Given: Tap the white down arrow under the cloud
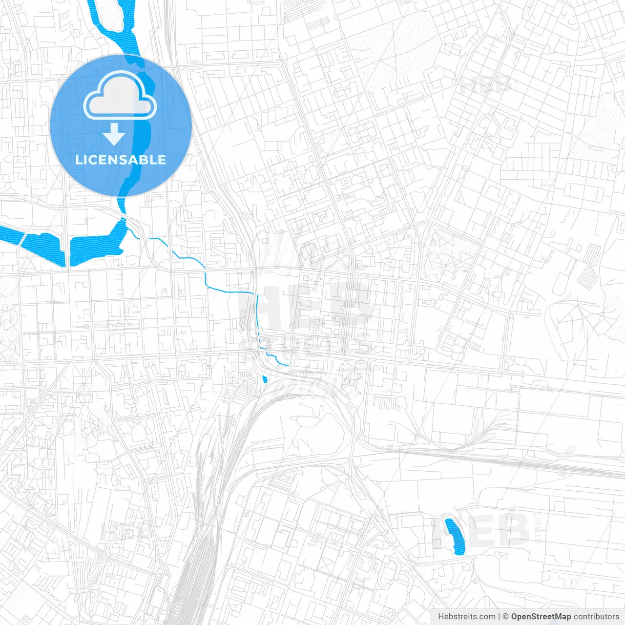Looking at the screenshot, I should [114, 134].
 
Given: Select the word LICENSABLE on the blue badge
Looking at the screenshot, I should [121, 160].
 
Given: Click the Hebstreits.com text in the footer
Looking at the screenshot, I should [467, 617].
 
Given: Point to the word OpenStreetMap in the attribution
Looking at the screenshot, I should [541, 617].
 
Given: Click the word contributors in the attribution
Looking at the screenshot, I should [596, 617].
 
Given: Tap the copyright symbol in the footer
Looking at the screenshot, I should [506, 617].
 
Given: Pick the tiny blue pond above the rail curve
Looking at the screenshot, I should [265, 379].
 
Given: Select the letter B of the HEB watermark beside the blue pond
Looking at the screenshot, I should [513, 531].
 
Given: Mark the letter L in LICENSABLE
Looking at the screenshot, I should [79, 160].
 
